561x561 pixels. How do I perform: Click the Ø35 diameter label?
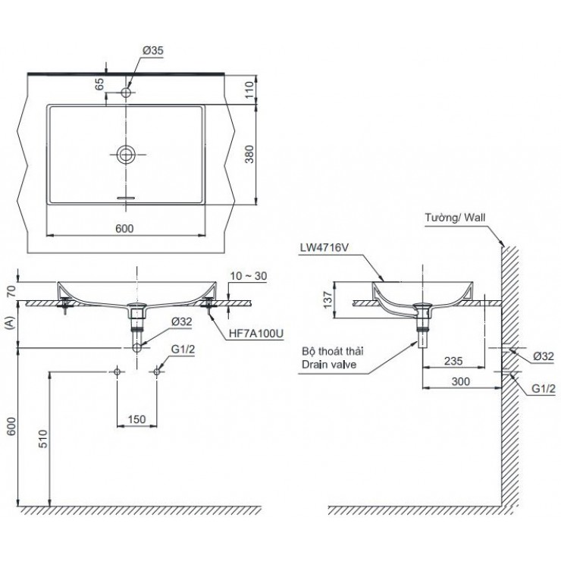152,51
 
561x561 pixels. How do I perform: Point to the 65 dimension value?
99,84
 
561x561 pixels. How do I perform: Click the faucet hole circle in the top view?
127,92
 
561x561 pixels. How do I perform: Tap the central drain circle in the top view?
127,155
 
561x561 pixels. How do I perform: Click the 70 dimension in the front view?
9,290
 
